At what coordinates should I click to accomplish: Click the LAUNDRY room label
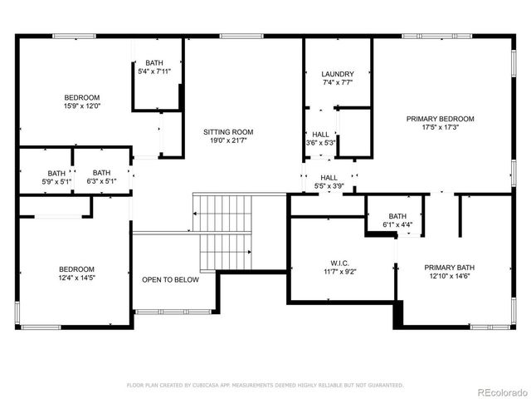[338, 74]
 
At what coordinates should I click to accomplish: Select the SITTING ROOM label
[228, 132]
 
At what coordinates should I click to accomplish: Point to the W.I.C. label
[342, 262]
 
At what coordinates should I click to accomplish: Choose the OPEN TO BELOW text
[170, 280]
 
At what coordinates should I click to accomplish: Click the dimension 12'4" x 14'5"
[76, 278]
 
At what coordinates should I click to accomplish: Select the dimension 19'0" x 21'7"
[228, 141]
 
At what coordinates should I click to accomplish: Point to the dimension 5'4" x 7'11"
[154, 72]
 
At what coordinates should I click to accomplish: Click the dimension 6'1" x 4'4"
[397, 224]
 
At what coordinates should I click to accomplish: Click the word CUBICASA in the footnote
[213, 386]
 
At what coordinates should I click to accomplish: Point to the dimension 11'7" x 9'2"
[342, 271]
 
